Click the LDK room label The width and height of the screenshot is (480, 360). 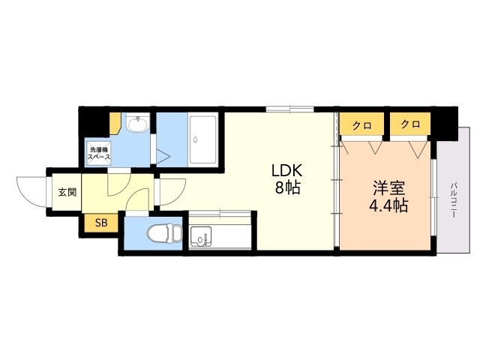(287, 170)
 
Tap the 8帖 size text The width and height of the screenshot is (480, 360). (287, 187)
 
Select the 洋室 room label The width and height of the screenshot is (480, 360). (388, 188)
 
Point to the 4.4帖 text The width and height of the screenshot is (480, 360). (388, 205)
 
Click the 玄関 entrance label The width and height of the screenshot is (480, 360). (67, 193)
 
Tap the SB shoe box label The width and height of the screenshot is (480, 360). (101, 223)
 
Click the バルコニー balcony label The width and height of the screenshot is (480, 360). (454, 200)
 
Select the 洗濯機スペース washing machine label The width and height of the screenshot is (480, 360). (99, 154)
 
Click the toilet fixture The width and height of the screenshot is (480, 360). (164, 234)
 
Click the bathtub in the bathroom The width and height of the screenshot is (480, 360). (202, 139)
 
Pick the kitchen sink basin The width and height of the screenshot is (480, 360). (200, 236)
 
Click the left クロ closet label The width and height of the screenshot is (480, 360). (362, 125)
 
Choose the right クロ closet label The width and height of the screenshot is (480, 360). (410, 124)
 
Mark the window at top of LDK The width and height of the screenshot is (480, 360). (290, 109)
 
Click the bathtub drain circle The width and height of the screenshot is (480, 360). (195, 140)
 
